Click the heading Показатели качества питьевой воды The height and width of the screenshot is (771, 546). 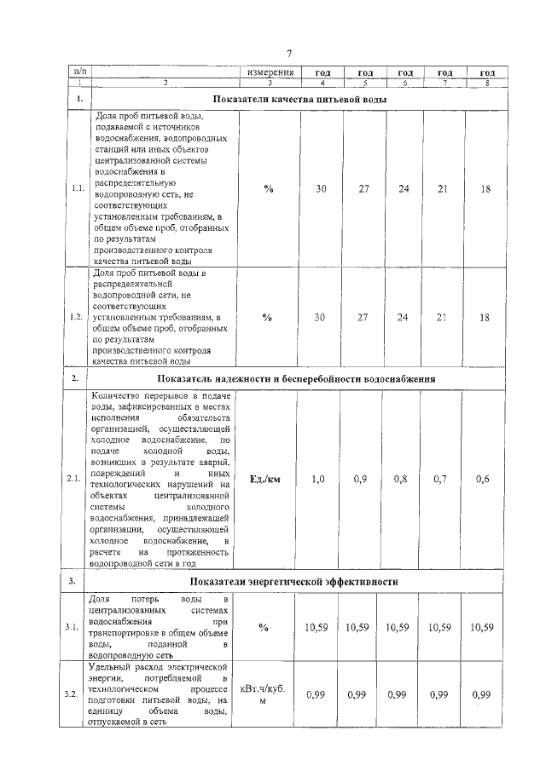click(x=299, y=100)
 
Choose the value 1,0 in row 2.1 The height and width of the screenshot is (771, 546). click(x=318, y=480)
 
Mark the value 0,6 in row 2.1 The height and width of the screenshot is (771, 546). click(x=483, y=480)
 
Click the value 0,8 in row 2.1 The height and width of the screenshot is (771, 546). click(x=400, y=480)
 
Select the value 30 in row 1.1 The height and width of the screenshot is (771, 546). click(x=321, y=188)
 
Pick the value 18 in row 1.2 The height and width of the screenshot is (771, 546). click(x=485, y=317)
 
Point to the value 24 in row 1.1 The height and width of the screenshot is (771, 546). click(x=404, y=188)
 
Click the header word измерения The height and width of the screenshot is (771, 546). click(x=270, y=73)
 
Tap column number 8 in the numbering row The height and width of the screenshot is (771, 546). click(x=487, y=83)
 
